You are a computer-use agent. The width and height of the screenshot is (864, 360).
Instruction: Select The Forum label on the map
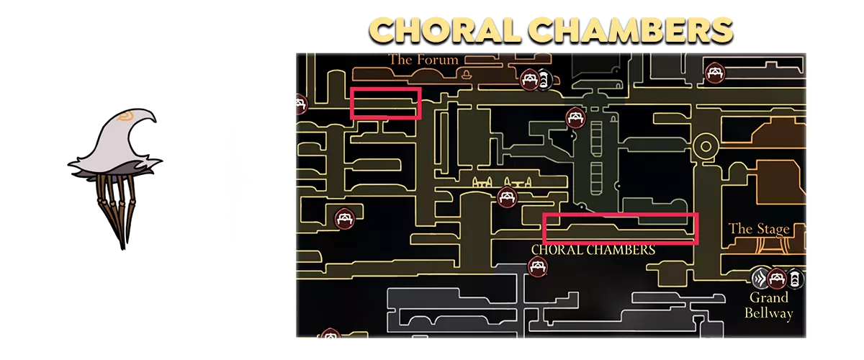(x=423, y=60)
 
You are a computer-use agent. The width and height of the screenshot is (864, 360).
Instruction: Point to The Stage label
(x=759, y=229)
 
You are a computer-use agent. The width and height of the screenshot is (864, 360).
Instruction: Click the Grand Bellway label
(x=768, y=305)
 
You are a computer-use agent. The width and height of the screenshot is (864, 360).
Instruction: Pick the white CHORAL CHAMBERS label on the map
(x=593, y=250)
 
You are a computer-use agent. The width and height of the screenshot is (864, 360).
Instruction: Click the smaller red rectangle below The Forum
(x=385, y=103)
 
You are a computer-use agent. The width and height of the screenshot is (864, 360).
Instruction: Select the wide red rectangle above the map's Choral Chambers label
(x=620, y=228)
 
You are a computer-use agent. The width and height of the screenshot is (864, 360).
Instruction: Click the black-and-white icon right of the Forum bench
(x=545, y=78)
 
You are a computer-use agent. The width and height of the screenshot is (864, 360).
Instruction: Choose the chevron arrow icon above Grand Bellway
(x=761, y=278)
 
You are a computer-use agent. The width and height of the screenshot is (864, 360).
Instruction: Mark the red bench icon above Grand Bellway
(x=776, y=278)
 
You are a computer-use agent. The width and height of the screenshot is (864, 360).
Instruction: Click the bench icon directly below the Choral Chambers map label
(x=537, y=266)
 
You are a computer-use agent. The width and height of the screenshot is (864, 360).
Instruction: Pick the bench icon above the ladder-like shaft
(x=574, y=117)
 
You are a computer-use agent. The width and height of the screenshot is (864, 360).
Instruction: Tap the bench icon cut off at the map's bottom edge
(x=330, y=334)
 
